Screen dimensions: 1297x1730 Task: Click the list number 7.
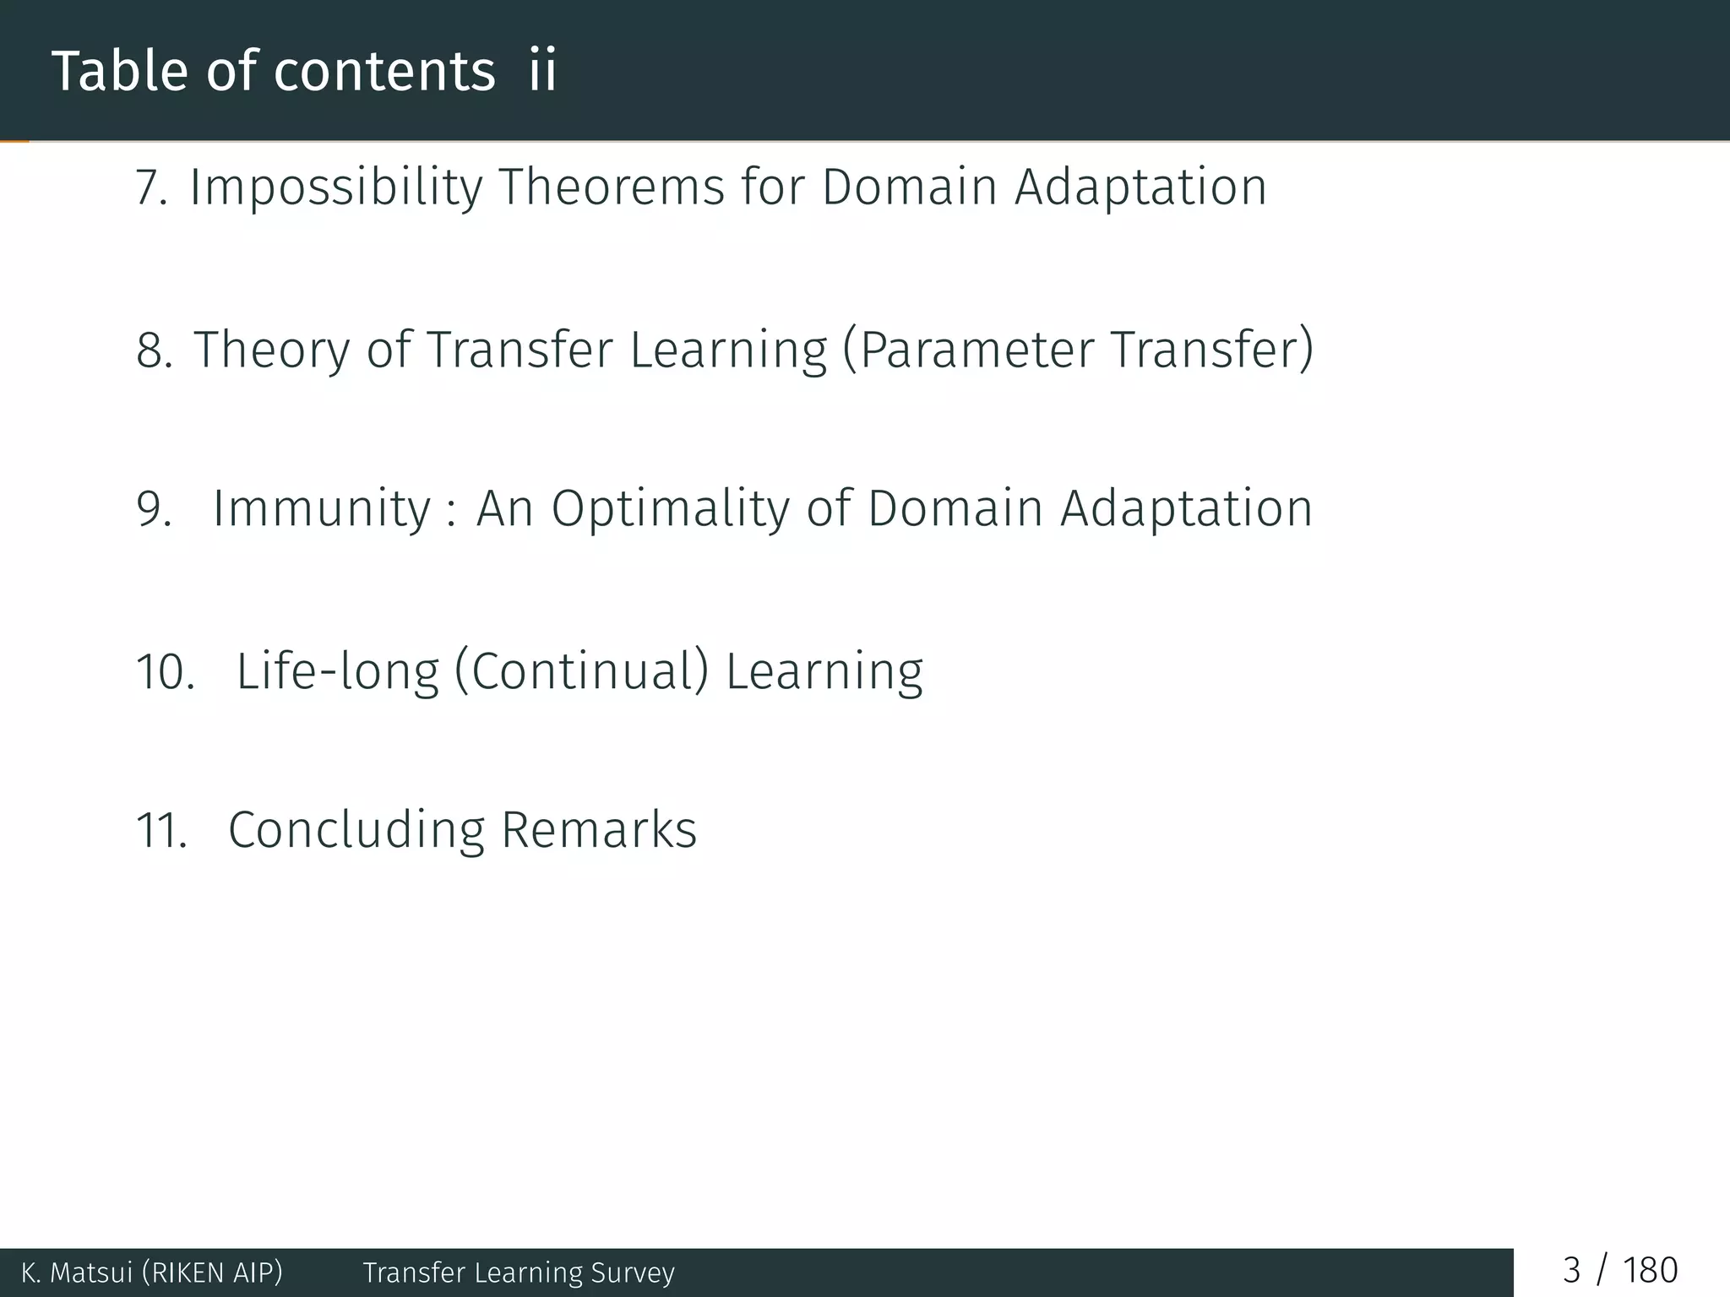pos(150,187)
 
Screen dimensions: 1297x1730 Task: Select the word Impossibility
pos(335,187)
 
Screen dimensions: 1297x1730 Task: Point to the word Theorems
pos(612,187)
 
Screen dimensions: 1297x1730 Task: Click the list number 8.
pos(154,350)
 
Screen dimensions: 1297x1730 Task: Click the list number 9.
pos(154,509)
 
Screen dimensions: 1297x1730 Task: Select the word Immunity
pos(322,509)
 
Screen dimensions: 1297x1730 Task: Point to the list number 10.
pos(165,673)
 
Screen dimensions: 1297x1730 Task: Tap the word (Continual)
pos(581,673)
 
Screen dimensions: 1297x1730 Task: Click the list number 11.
pos(161,831)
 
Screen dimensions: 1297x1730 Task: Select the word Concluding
pos(356,831)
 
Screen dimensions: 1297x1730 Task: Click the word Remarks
pos(599,831)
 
